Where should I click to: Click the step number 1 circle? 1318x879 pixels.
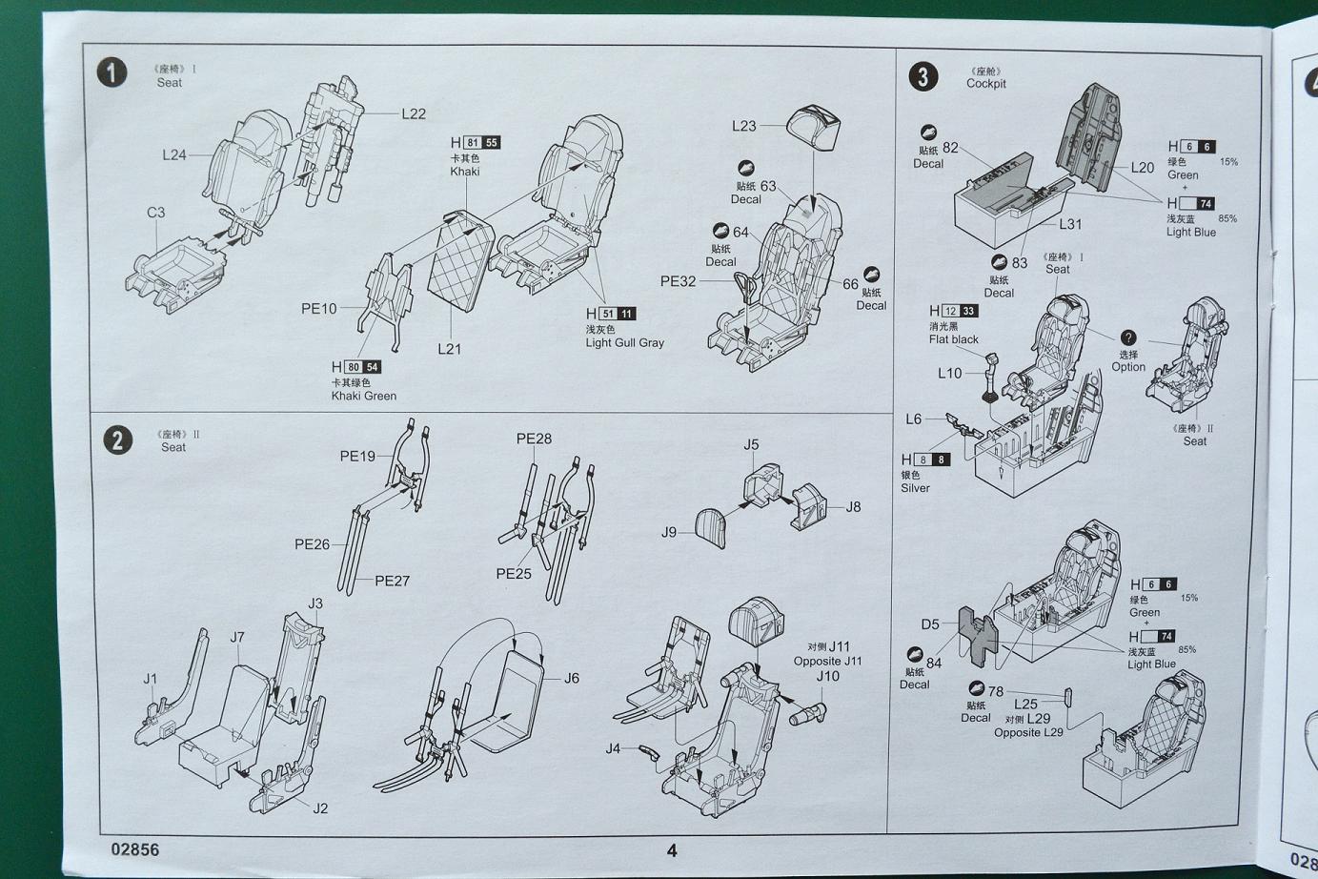112,72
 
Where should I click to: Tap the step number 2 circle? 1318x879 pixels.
117,439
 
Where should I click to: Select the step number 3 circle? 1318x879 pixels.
923,76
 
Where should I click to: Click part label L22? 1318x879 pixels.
414,113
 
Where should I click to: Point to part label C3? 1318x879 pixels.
155,212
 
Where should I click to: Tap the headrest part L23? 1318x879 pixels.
814,128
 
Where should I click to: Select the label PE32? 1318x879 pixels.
678,281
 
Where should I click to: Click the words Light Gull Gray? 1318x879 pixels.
624,343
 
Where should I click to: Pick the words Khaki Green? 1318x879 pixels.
363,396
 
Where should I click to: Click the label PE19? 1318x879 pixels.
357,457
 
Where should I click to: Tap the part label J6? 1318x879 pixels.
572,678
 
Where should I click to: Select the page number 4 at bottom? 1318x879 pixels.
672,850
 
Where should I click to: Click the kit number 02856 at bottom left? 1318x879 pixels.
135,849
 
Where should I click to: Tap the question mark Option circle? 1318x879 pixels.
1127,338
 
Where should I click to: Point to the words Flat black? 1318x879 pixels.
953,339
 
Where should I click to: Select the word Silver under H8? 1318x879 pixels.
915,488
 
